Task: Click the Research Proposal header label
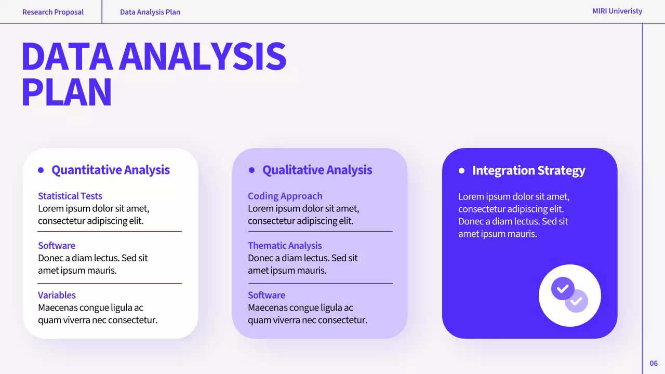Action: pyautogui.click(x=52, y=12)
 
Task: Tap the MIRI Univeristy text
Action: pyautogui.click(x=617, y=11)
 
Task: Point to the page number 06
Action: pyautogui.click(x=654, y=363)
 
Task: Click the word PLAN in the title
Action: pyautogui.click(x=66, y=92)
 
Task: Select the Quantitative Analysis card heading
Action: pyautogui.click(x=111, y=170)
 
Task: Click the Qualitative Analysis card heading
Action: pyautogui.click(x=317, y=170)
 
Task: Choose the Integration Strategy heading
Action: pyautogui.click(x=528, y=170)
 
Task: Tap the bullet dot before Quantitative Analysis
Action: pyautogui.click(x=41, y=170)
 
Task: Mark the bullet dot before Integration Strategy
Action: pyautogui.click(x=461, y=170)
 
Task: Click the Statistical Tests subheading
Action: pyautogui.click(x=70, y=196)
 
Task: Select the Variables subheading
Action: pyautogui.click(x=57, y=295)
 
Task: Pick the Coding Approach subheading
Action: pyautogui.click(x=285, y=196)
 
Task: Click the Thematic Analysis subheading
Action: pyautogui.click(x=285, y=246)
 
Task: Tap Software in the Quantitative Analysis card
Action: pyautogui.click(x=57, y=246)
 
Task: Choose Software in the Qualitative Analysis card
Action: pyautogui.click(x=267, y=295)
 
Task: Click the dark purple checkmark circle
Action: pyautogui.click(x=562, y=288)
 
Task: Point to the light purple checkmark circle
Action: pyautogui.click(x=577, y=301)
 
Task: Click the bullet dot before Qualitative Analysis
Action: pyautogui.click(x=252, y=170)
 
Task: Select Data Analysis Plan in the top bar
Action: pyautogui.click(x=150, y=12)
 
